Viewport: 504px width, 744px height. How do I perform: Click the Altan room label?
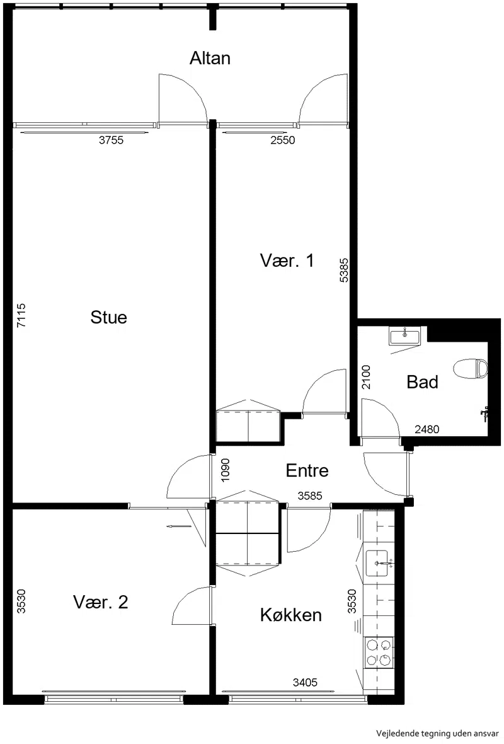point(210,58)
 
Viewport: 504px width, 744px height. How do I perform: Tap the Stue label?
point(108,317)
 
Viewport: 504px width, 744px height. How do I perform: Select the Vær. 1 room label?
point(287,260)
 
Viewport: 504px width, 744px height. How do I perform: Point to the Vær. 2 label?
point(101,602)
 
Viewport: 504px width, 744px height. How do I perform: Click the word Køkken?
point(290,615)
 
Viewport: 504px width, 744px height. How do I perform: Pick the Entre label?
point(307,470)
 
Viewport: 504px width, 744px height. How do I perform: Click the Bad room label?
point(422,382)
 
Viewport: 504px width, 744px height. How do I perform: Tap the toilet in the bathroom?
point(471,369)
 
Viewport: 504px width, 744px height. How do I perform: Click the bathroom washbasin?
point(405,337)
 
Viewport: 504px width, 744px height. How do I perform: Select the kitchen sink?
point(377,563)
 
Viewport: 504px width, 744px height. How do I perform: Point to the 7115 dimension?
point(21,315)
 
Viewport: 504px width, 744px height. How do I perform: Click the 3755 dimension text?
point(111,140)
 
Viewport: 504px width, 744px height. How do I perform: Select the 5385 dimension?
point(344,270)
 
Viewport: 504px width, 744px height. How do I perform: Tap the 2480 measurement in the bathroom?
point(427,429)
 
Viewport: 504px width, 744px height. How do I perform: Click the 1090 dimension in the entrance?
point(225,470)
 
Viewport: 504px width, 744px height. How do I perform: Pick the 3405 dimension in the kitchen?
point(305,683)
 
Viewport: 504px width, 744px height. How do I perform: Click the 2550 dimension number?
point(283,140)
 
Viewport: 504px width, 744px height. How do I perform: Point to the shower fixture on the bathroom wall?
point(484,414)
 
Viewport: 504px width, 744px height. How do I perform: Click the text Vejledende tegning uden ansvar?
point(437,733)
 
